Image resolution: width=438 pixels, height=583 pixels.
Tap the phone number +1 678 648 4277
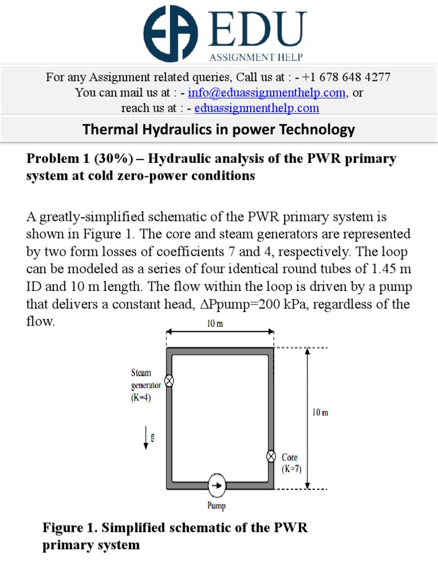pos(347,77)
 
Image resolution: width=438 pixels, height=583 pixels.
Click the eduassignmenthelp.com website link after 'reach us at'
pos(257,108)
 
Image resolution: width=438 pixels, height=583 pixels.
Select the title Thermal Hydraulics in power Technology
pos(219,130)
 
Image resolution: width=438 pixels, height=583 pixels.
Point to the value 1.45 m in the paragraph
pos(374,267)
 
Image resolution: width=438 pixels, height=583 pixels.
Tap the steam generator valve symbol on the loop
pos(169,381)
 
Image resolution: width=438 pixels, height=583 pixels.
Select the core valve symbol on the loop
pos(271,456)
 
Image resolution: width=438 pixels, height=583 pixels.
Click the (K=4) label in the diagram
pos(141,398)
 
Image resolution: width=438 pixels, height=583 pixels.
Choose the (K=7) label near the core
pos(291,469)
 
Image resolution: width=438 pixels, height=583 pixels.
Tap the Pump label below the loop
pos(217,506)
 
